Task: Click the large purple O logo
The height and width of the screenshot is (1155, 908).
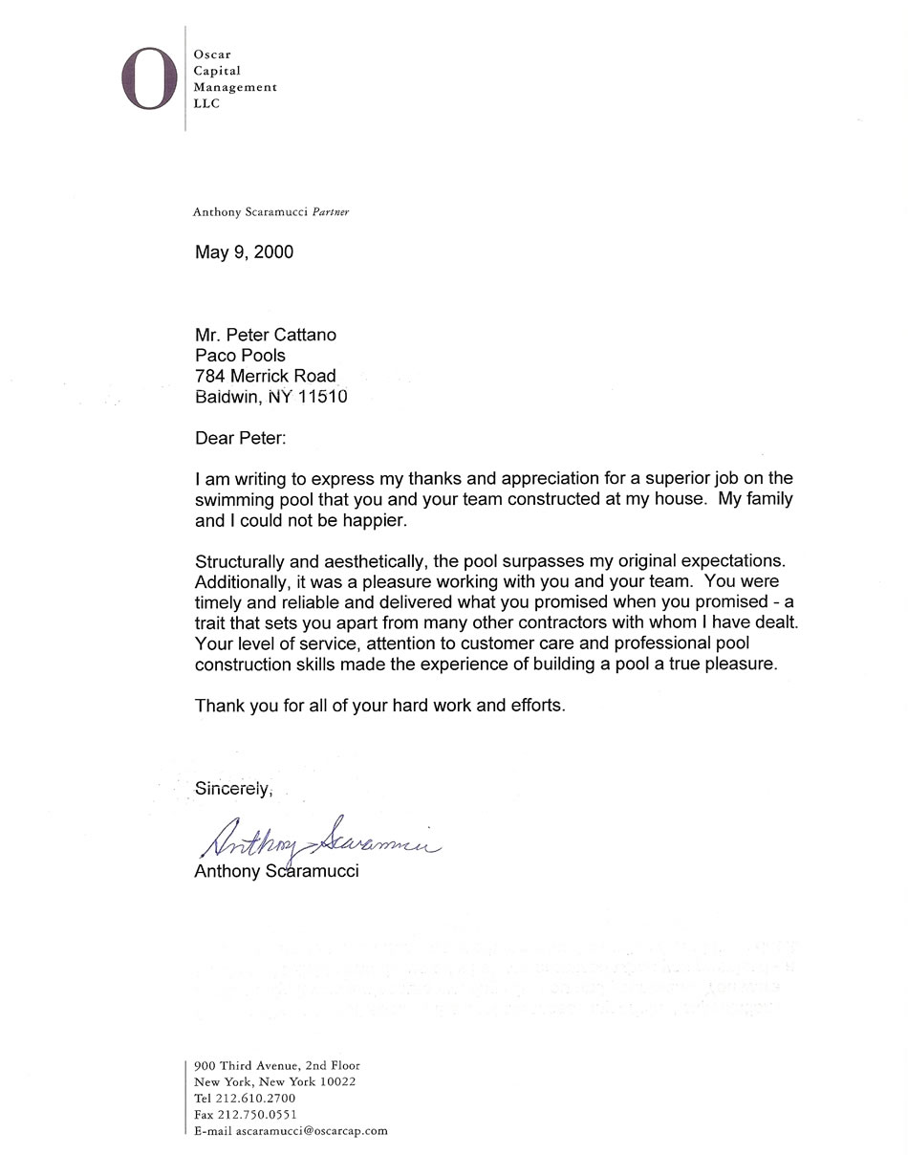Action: click(149, 77)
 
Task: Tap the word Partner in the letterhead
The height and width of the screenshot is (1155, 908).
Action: click(331, 212)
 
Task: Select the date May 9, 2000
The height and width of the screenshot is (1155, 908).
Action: click(244, 252)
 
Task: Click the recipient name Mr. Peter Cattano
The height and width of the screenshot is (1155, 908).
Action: click(266, 335)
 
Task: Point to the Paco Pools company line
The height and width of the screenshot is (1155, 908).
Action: click(240, 356)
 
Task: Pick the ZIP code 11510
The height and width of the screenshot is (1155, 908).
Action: click(323, 397)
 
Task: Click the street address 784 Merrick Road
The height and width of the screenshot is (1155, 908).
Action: click(266, 376)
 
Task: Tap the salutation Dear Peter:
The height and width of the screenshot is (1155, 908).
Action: click(240, 439)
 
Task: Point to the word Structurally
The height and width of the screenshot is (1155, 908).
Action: click(239, 561)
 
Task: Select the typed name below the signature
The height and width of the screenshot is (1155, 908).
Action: click(276, 872)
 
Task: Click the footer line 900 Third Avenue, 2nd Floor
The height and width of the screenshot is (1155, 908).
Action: click(276, 1065)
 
